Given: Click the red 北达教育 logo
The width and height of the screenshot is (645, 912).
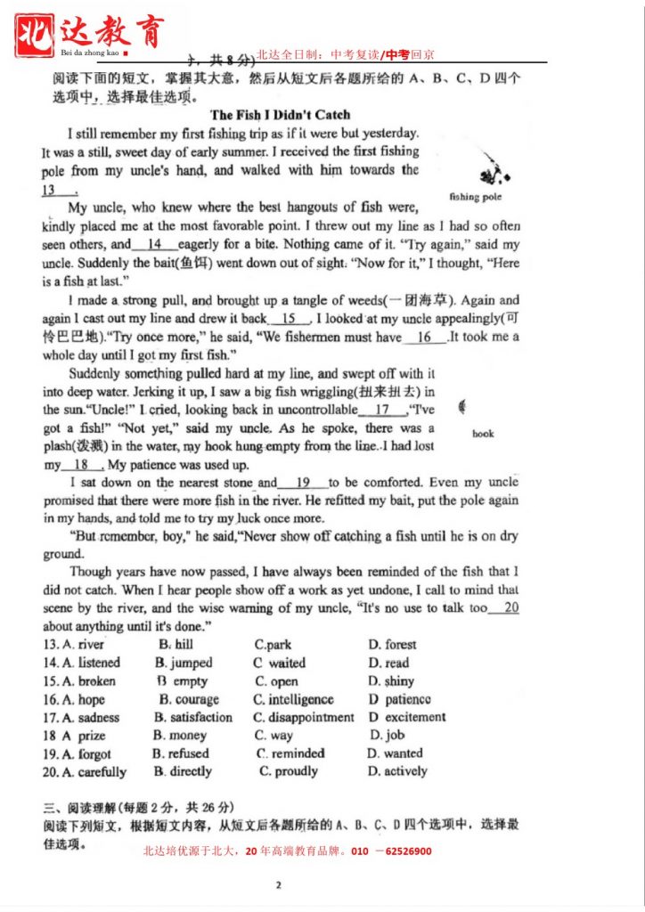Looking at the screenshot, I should coord(89,34).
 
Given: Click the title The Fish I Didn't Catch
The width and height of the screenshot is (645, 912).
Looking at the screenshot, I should coord(280,115).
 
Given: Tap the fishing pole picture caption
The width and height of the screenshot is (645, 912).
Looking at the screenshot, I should coord(476,197).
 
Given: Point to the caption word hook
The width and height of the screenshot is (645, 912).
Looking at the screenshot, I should coord(483,434).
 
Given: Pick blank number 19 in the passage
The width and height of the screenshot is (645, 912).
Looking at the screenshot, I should coord(303,483).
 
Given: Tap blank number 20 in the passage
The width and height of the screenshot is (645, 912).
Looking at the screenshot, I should coord(505,607).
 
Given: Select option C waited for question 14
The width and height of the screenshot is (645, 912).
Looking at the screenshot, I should coord(279,663).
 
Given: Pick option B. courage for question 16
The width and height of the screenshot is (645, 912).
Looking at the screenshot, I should coord(186,700).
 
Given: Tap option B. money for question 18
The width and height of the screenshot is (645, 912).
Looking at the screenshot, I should coord(179,736).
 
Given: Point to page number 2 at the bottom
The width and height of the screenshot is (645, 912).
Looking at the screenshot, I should coord(279,885).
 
